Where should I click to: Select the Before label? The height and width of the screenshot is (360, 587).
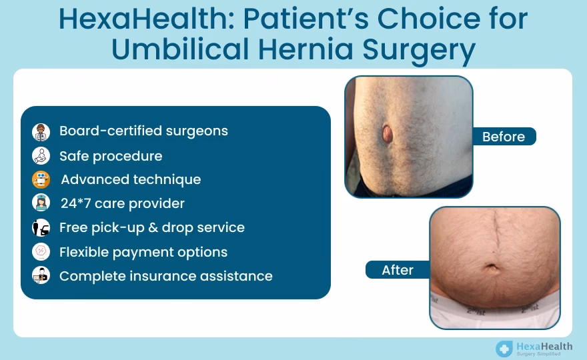[503, 137]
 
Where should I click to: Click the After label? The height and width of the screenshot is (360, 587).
[398, 270]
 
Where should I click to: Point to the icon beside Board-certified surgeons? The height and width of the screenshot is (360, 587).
[41, 131]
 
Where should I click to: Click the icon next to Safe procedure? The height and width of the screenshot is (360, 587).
[41, 156]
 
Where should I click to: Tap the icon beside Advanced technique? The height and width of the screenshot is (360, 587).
[41, 179]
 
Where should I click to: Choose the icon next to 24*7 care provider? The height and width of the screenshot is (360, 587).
[41, 203]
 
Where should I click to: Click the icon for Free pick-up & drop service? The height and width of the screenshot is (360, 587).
[41, 227]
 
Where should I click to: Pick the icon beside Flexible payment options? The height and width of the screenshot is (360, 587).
[41, 252]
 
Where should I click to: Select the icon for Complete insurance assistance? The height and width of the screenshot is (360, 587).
[41, 275]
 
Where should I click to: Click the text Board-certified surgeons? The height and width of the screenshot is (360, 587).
[143, 131]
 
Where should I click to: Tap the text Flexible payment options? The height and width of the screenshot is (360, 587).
[143, 252]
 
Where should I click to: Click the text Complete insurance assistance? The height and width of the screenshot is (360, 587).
[165, 275]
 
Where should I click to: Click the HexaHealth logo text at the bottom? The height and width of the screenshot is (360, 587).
[544, 347]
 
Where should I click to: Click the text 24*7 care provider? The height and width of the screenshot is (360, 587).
[122, 203]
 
